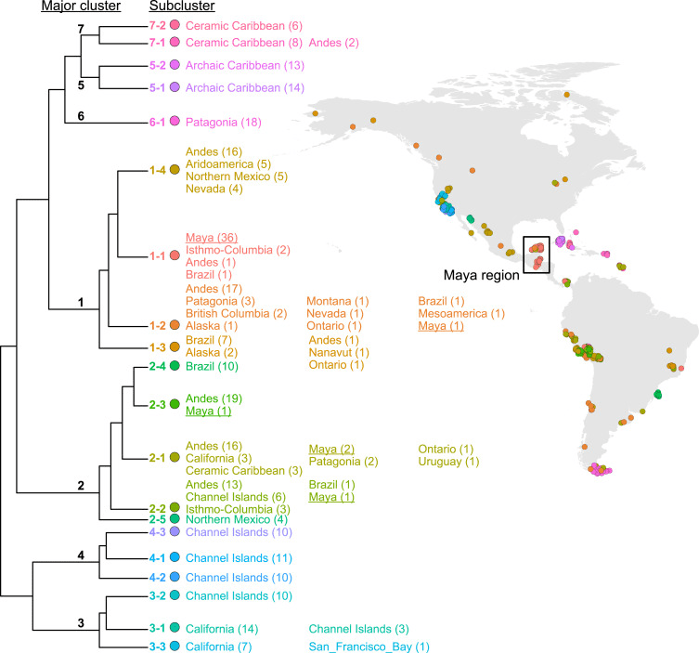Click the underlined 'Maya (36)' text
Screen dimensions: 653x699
tap(212, 236)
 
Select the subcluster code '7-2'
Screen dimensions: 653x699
tap(153, 25)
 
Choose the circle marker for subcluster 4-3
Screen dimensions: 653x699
tap(174, 531)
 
